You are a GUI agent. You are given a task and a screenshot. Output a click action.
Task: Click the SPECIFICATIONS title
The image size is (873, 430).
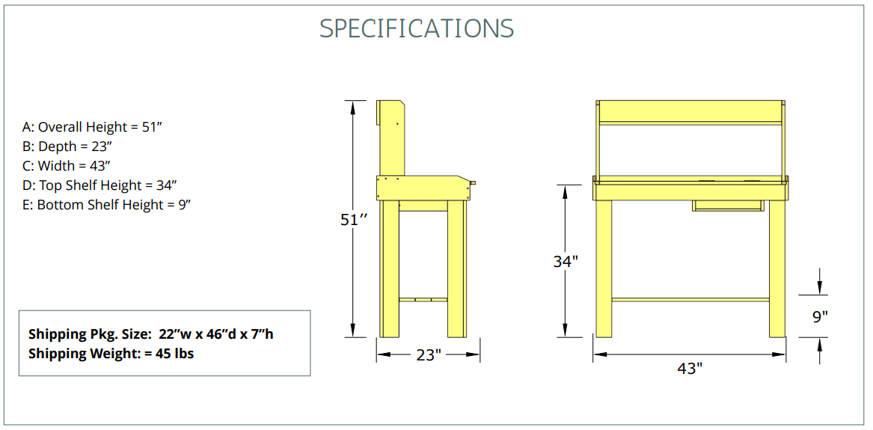417,28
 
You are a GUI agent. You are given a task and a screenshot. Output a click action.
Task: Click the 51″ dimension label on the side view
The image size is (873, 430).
355,221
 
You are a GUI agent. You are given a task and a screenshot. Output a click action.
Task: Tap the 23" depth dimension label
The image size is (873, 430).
429,355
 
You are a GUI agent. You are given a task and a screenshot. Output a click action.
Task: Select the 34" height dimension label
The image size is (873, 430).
566,261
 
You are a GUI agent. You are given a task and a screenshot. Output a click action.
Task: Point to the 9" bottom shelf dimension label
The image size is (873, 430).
818,316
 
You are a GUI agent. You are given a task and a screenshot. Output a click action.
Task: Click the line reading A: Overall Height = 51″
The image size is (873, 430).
92,127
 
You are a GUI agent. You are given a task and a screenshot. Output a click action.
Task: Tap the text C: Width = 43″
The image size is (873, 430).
67,166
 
